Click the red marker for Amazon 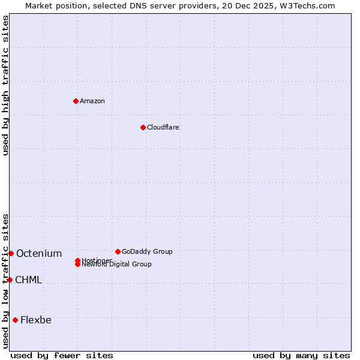click(76, 101)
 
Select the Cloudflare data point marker click(143, 127)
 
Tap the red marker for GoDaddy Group click(118, 251)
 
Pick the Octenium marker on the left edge click(11, 253)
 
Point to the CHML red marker click(10, 280)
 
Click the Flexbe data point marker click(15, 320)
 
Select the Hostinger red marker click(77, 260)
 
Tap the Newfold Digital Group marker click(77, 265)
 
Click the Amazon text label click(92, 101)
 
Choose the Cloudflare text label click(163, 127)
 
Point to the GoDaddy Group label click(147, 251)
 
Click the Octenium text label click(39, 253)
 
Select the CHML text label click(28, 280)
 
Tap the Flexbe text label click(36, 320)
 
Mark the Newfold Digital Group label click(117, 265)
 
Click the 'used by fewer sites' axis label click(62, 355)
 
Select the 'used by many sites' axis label click(301, 355)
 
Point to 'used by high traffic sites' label click(5, 85)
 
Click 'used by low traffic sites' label click(5, 281)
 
